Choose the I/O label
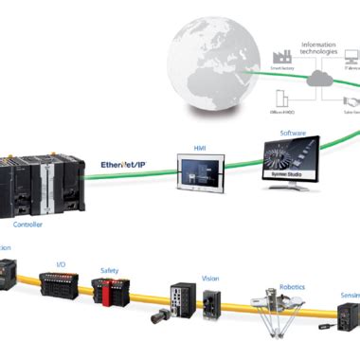tap(61, 265)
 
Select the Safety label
tap(110, 270)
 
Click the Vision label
tap(210, 279)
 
